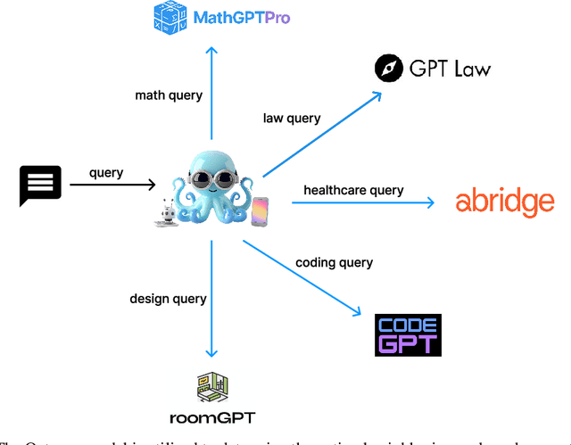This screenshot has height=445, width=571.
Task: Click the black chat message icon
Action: [41, 185]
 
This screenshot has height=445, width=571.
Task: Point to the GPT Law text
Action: [451, 69]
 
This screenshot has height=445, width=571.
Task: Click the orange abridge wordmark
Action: [504, 202]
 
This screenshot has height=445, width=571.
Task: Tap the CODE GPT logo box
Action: [408, 334]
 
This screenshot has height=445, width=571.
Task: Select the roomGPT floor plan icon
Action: [213, 388]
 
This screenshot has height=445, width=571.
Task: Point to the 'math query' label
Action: [169, 95]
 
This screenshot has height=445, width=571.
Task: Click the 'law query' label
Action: [292, 118]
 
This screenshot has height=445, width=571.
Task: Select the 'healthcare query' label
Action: [353, 190]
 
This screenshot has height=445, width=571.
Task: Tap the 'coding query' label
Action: [335, 262]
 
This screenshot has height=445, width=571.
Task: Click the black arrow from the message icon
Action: [112, 185]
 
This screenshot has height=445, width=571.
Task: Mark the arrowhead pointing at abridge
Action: [429, 203]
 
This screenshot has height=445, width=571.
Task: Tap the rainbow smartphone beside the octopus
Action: [261, 210]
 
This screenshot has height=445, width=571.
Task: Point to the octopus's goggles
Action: [212, 176]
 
